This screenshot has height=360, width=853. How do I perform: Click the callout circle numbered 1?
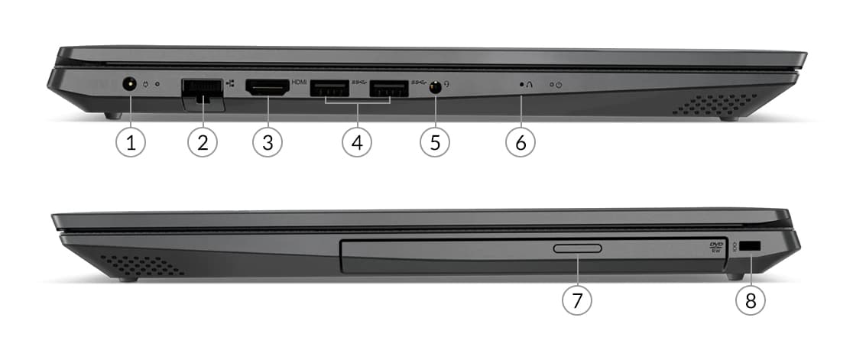coord(131,142)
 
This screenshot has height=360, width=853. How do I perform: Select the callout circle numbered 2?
coord(203,142)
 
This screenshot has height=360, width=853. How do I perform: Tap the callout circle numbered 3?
coord(267,142)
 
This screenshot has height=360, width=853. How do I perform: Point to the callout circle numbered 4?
coord(357,142)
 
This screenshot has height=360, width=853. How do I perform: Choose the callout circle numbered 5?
coord(435,142)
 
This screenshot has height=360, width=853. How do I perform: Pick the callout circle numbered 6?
coord(520,142)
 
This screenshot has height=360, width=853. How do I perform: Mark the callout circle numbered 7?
coord(576,299)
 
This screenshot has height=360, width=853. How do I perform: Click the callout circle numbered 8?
coord(750,299)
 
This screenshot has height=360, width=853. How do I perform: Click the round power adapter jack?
coord(129,84)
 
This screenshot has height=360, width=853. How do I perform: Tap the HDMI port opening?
coord(267,88)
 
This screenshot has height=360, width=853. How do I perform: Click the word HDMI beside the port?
coord(299,83)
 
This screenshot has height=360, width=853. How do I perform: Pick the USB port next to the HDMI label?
coord(329,89)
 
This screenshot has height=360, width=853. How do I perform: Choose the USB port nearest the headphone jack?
coord(389,89)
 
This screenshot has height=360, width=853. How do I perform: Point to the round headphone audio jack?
coord(435,88)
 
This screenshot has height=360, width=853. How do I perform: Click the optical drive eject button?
coord(577,248)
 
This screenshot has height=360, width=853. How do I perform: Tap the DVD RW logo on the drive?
coord(716,248)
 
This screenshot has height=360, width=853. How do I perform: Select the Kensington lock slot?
coord(751,247)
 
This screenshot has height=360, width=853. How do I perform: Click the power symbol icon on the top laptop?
coord(559,85)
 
